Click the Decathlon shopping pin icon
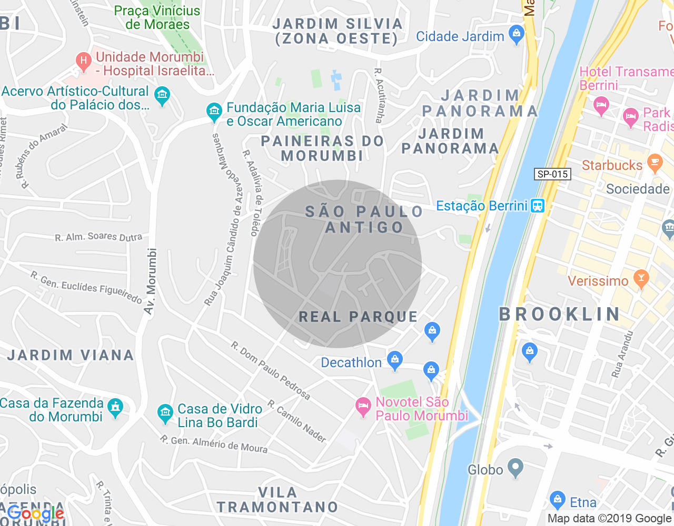pyautogui.click(x=394, y=360)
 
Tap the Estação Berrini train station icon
pyautogui.click(x=537, y=206)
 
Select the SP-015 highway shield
pyautogui.click(x=552, y=174)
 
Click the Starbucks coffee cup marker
pyautogui.click(x=655, y=163)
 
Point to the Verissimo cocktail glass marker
pyautogui.click(x=641, y=279)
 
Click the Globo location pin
pyautogui.click(x=515, y=467)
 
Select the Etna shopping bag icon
pyautogui.click(x=557, y=500)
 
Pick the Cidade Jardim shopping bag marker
pyautogui.click(x=517, y=35)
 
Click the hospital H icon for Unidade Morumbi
pyautogui.click(x=83, y=62)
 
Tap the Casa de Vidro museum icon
pyautogui.click(x=165, y=413)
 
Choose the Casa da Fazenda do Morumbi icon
pyautogui.click(x=115, y=408)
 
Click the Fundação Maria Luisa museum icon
pyautogui.click(x=214, y=112)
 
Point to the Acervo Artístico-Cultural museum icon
pyautogui.click(x=162, y=96)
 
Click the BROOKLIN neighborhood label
pyautogui.click(x=560, y=314)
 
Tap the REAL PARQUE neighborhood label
pyautogui.click(x=358, y=317)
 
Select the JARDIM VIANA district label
pyautogui.click(x=71, y=355)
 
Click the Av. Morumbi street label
pyautogui.click(x=151, y=281)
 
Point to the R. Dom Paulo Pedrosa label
pyautogui.click(x=271, y=370)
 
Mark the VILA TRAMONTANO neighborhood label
pyautogui.click(x=277, y=500)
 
